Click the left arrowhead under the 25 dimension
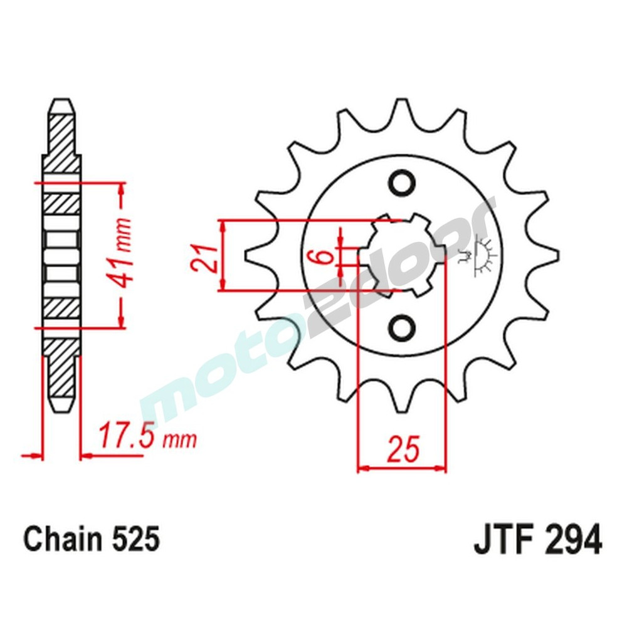[362, 468]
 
